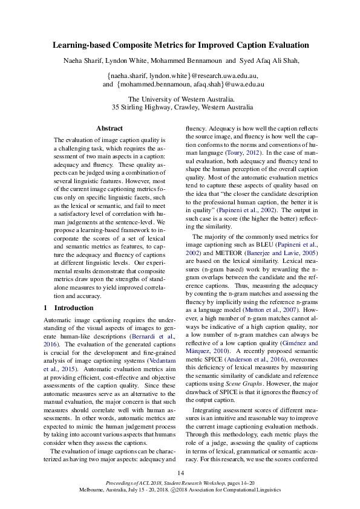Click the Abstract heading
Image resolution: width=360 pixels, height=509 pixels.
tap(110, 128)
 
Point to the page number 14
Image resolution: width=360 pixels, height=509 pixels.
tap(180, 472)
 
